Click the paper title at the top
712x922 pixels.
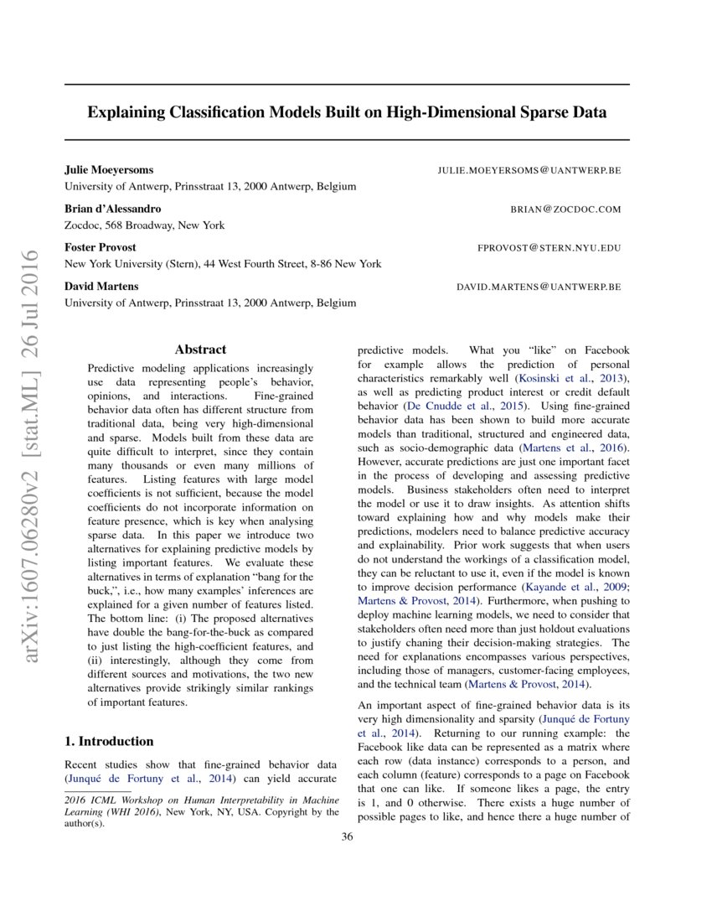click(347, 111)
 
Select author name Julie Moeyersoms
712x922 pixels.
click(109, 169)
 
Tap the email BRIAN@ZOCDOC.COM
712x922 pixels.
click(565, 209)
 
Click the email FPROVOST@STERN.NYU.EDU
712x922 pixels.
click(549, 248)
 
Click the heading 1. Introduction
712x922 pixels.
click(109, 741)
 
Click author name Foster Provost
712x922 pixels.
click(101, 247)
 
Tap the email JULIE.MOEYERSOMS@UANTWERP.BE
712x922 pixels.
click(529, 170)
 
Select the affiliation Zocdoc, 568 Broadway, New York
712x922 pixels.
click(144, 225)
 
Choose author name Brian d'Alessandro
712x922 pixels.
click(113, 209)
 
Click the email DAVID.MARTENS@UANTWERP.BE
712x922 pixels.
click(539, 287)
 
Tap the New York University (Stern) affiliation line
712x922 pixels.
click(223, 263)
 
